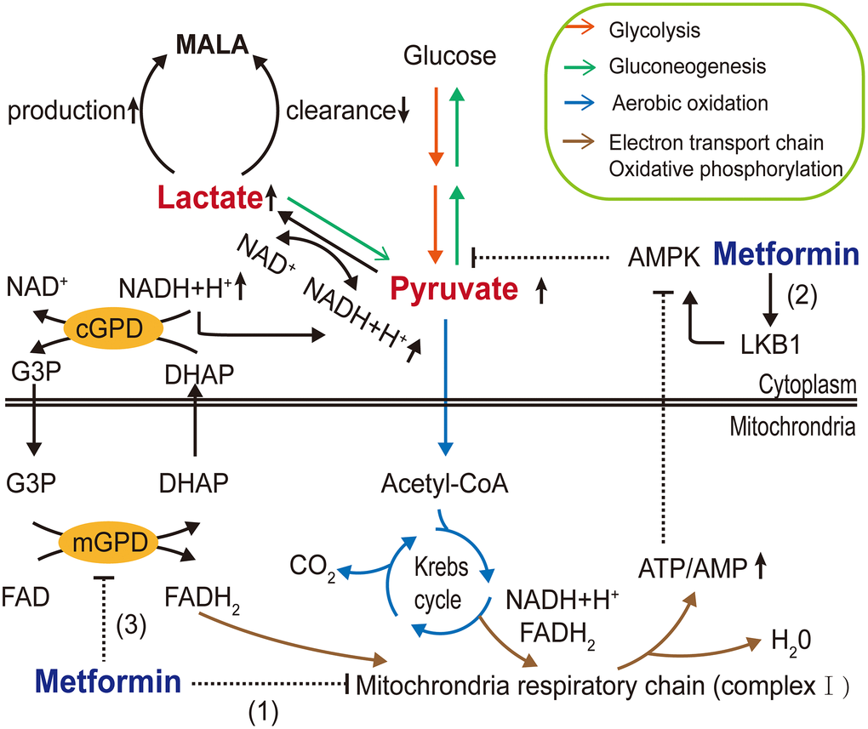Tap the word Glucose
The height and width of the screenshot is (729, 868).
(x=449, y=57)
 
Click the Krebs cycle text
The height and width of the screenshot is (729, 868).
(x=439, y=584)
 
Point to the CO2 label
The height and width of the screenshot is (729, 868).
(x=311, y=564)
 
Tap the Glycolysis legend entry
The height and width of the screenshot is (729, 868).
(x=649, y=31)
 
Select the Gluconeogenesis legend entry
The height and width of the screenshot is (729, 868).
(x=675, y=65)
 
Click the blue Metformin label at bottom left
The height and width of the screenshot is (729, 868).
(x=108, y=682)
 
